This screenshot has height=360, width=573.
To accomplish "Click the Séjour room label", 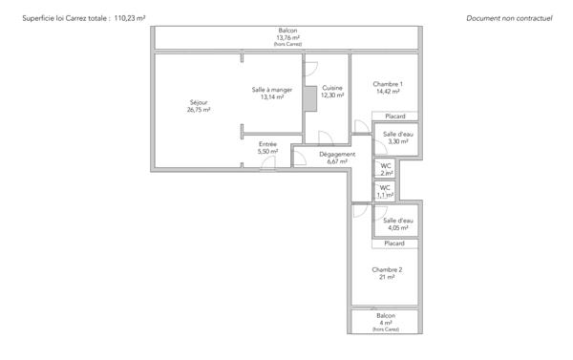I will click(x=199, y=101).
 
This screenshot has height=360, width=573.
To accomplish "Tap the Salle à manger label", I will click(x=267, y=90).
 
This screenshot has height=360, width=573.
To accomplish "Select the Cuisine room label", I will click(x=331, y=88).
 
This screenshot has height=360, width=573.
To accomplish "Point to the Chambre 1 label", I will click(x=387, y=84).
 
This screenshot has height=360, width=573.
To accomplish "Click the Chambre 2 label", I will click(x=387, y=270).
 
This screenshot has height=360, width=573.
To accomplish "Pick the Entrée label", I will click(x=267, y=144).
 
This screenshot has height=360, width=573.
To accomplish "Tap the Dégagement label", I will click(x=337, y=154).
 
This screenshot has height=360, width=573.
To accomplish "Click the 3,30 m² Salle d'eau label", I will click(x=397, y=135).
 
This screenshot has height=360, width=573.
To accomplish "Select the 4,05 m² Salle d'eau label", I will click(x=397, y=221).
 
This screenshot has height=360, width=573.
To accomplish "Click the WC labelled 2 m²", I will click(x=386, y=166).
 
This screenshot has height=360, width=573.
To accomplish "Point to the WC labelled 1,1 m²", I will click(x=385, y=187).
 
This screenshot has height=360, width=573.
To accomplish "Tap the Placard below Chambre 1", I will click(x=395, y=116).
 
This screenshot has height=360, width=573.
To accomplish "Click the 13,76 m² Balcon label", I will click(x=287, y=31).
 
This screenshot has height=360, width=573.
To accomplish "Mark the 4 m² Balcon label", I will click(x=385, y=315).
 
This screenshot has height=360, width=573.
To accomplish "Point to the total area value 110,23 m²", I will click(x=135, y=18).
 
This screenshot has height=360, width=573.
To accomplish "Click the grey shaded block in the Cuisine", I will click(x=308, y=99).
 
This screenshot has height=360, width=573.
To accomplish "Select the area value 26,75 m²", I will click(x=199, y=110).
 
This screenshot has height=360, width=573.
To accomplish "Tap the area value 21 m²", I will click(x=387, y=278).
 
